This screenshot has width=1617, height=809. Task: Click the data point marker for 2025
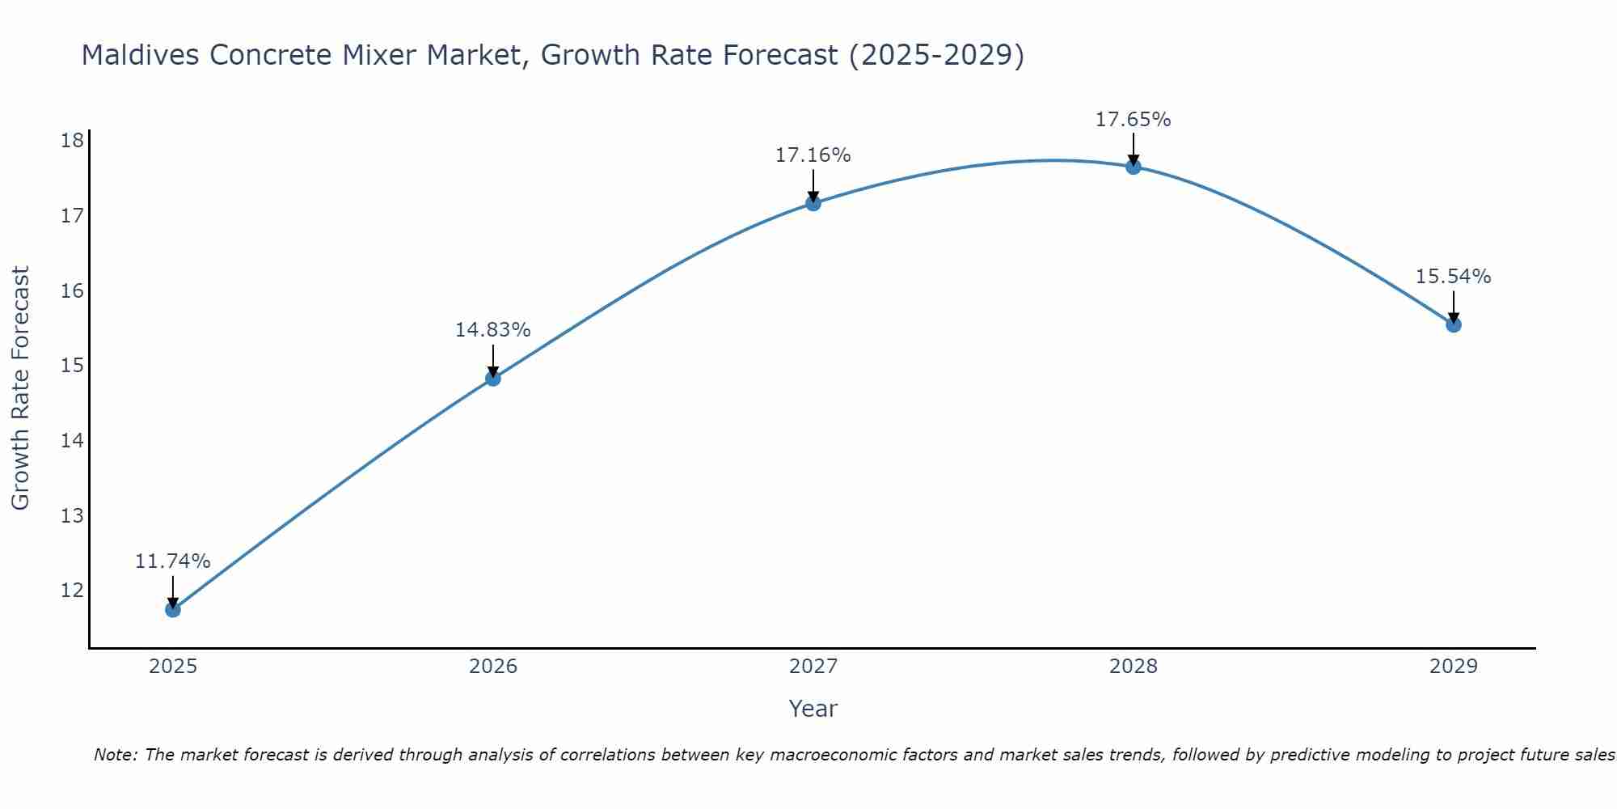pyautogui.click(x=173, y=609)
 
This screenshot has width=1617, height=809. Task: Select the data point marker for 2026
pyautogui.click(x=493, y=378)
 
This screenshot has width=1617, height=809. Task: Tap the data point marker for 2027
pyautogui.click(x=813, y=203)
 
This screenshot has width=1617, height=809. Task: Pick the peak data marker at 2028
pyautogui.click(x=1134, y=167)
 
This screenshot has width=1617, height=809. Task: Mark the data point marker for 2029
pyautogui.click(x=1454, y=324)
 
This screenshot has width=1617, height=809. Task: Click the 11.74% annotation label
pyautogui.click(x=172, y=561)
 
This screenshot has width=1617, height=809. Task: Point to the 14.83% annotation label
pyautogui.click(x=492, y=330)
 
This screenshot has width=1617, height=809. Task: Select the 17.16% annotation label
pyautogui.click(x=813, y=155)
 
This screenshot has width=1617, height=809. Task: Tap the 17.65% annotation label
pyautogui.click(x=1133, y=120)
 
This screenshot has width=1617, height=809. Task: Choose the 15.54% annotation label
pyautogui.click(x=1453, y=277)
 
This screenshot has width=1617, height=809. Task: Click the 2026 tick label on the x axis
pyautogui.click(x=493, y=667)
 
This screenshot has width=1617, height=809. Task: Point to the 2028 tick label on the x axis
pyautogui.click(x=1134, y=667)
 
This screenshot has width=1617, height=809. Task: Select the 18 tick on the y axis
pyautogui.click(x=73, y=141)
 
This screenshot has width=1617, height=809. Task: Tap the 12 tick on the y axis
pyautogui.click(x=73, y=591)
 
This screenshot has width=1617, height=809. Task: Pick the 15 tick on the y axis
pyautogui.click(x=73, y=366)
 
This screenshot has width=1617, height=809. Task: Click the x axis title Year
pyautogui.click(x=813, y=709)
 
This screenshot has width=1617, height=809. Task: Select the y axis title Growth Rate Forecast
pyautogui.click(x=20, y=388)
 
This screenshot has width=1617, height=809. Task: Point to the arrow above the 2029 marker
pyautogui.click(x=1454, y=306)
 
